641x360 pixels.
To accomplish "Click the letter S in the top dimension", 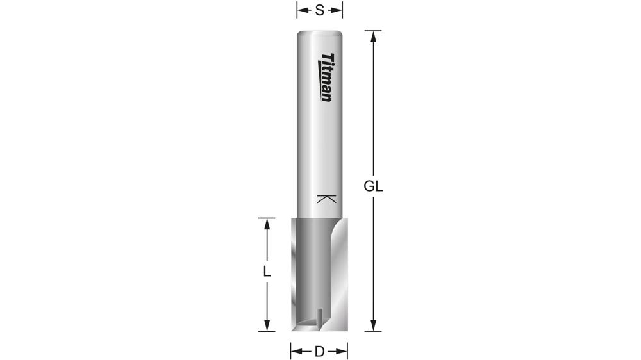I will click(319, 10).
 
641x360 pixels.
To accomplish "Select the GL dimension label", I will click(373, 187).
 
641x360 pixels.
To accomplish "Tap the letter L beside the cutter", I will click(267, 271).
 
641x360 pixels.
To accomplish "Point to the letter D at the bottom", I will click(319, 351).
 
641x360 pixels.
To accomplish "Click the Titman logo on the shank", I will click(326, 78).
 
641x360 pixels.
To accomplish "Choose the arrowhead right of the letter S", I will click(338, 10).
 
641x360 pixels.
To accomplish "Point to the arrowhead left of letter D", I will click(296, 351).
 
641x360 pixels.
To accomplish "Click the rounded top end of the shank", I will click(319, 31).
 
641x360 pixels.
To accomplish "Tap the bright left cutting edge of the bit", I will click(294, 269).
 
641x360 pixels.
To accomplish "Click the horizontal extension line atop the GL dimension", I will click(373, 30).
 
